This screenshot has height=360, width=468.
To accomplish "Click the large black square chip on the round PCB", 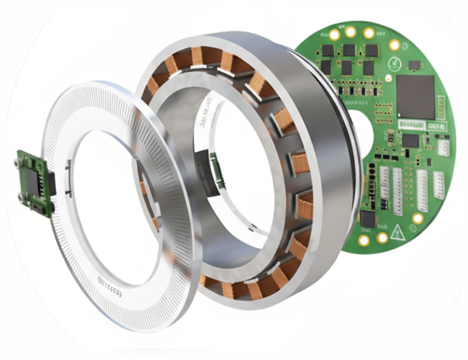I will pyautogui.click(x=415, y=96).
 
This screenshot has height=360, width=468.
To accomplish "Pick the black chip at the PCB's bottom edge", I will pyautogui.click(x=368, y=219).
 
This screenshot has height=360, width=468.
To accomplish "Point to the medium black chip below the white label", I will pyautogui.click(x=410, y=141).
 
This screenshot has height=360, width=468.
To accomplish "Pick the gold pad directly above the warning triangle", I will pyautogui.click(x=417, y=217).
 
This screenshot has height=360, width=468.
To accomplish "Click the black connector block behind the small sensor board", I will pyautogui.click(x=50, y=184).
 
